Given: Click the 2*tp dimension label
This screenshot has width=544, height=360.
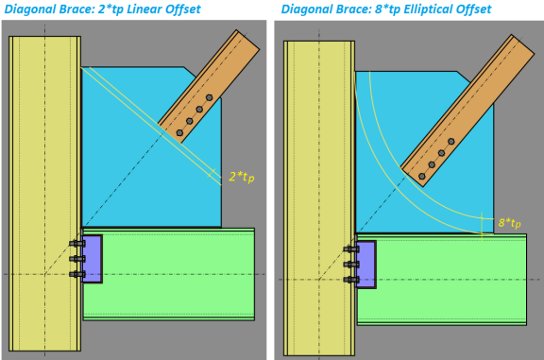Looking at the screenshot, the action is [242, 177].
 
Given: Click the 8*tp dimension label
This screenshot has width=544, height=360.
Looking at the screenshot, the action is [509, 223].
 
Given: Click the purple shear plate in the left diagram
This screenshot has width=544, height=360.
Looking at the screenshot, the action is [93, 259].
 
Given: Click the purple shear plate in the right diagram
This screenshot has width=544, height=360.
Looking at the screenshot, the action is [366, 265].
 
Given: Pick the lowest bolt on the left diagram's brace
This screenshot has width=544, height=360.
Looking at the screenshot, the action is [179, 133].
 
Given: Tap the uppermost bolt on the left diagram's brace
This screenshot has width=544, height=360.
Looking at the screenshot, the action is [210, 97].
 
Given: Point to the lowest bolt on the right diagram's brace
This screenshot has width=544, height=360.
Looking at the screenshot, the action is [422, 177].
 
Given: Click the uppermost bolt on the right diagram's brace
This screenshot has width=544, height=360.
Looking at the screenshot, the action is [451, 142].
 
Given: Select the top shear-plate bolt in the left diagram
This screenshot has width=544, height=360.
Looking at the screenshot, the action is [77, 244].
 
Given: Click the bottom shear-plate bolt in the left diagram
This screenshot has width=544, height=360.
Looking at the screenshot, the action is [77, 275].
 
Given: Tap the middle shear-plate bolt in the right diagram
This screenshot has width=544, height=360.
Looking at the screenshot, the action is [351, 265].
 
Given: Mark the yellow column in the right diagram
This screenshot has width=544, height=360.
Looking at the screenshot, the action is [319, 197].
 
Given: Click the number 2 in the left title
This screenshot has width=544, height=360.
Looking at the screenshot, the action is [101, 9].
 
